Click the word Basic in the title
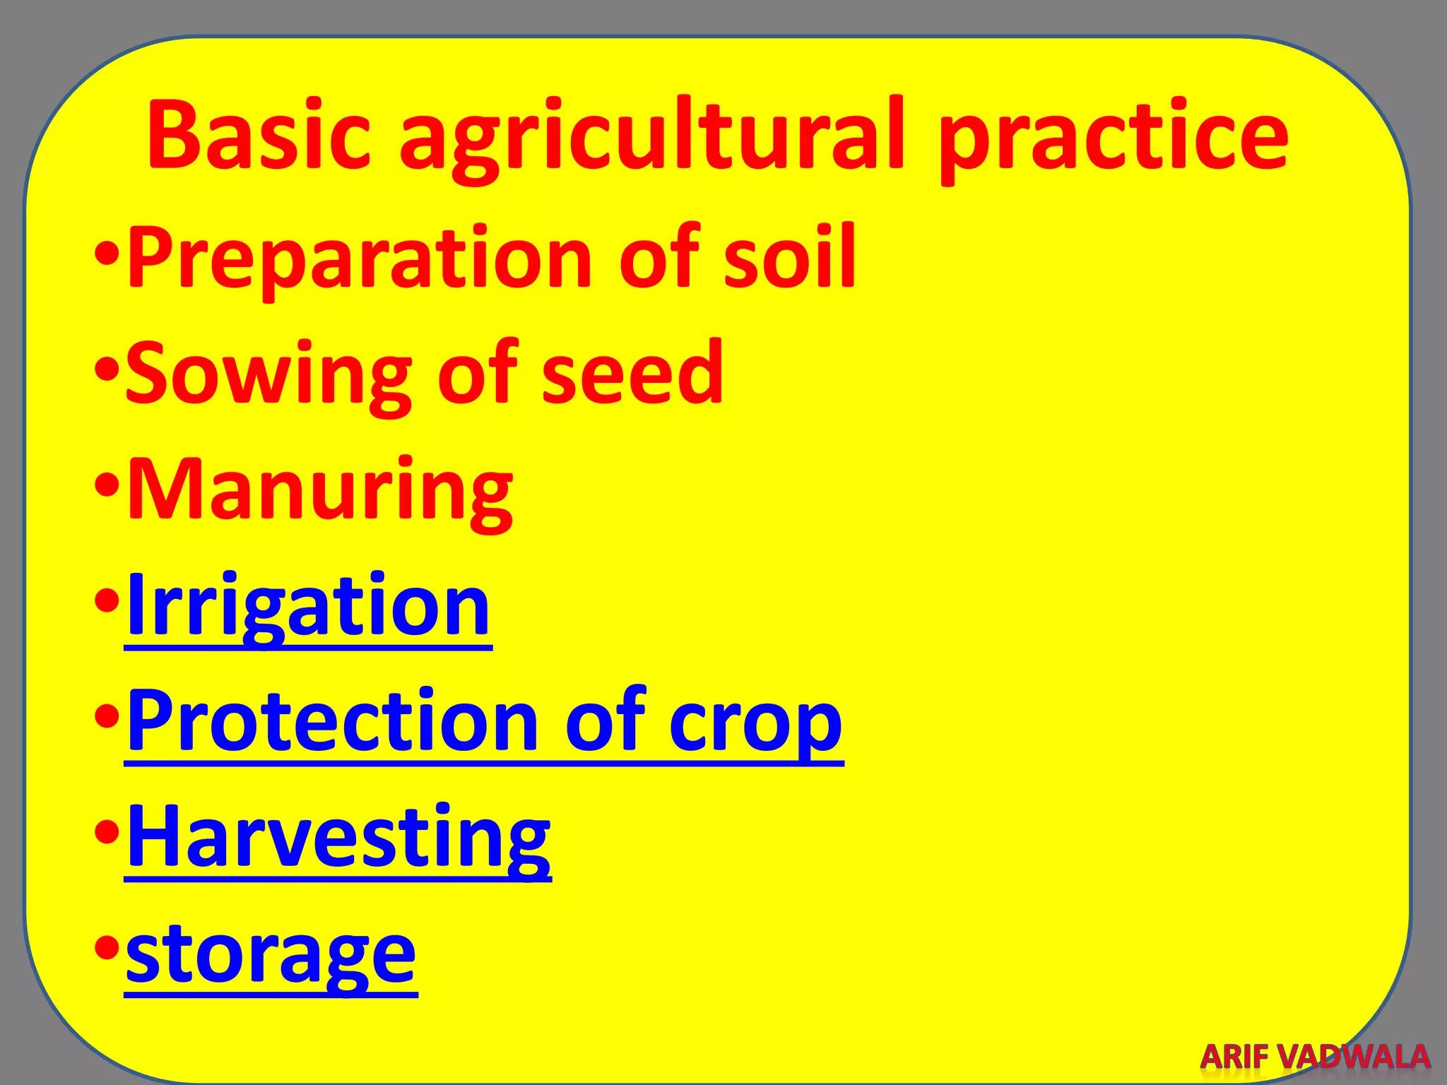click(x=259, y=136)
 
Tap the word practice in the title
click(x=1113, y=138)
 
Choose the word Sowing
click(x=268, y=374)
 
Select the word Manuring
click(x=320, y=491)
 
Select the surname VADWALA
click(x=1356, y=1057)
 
